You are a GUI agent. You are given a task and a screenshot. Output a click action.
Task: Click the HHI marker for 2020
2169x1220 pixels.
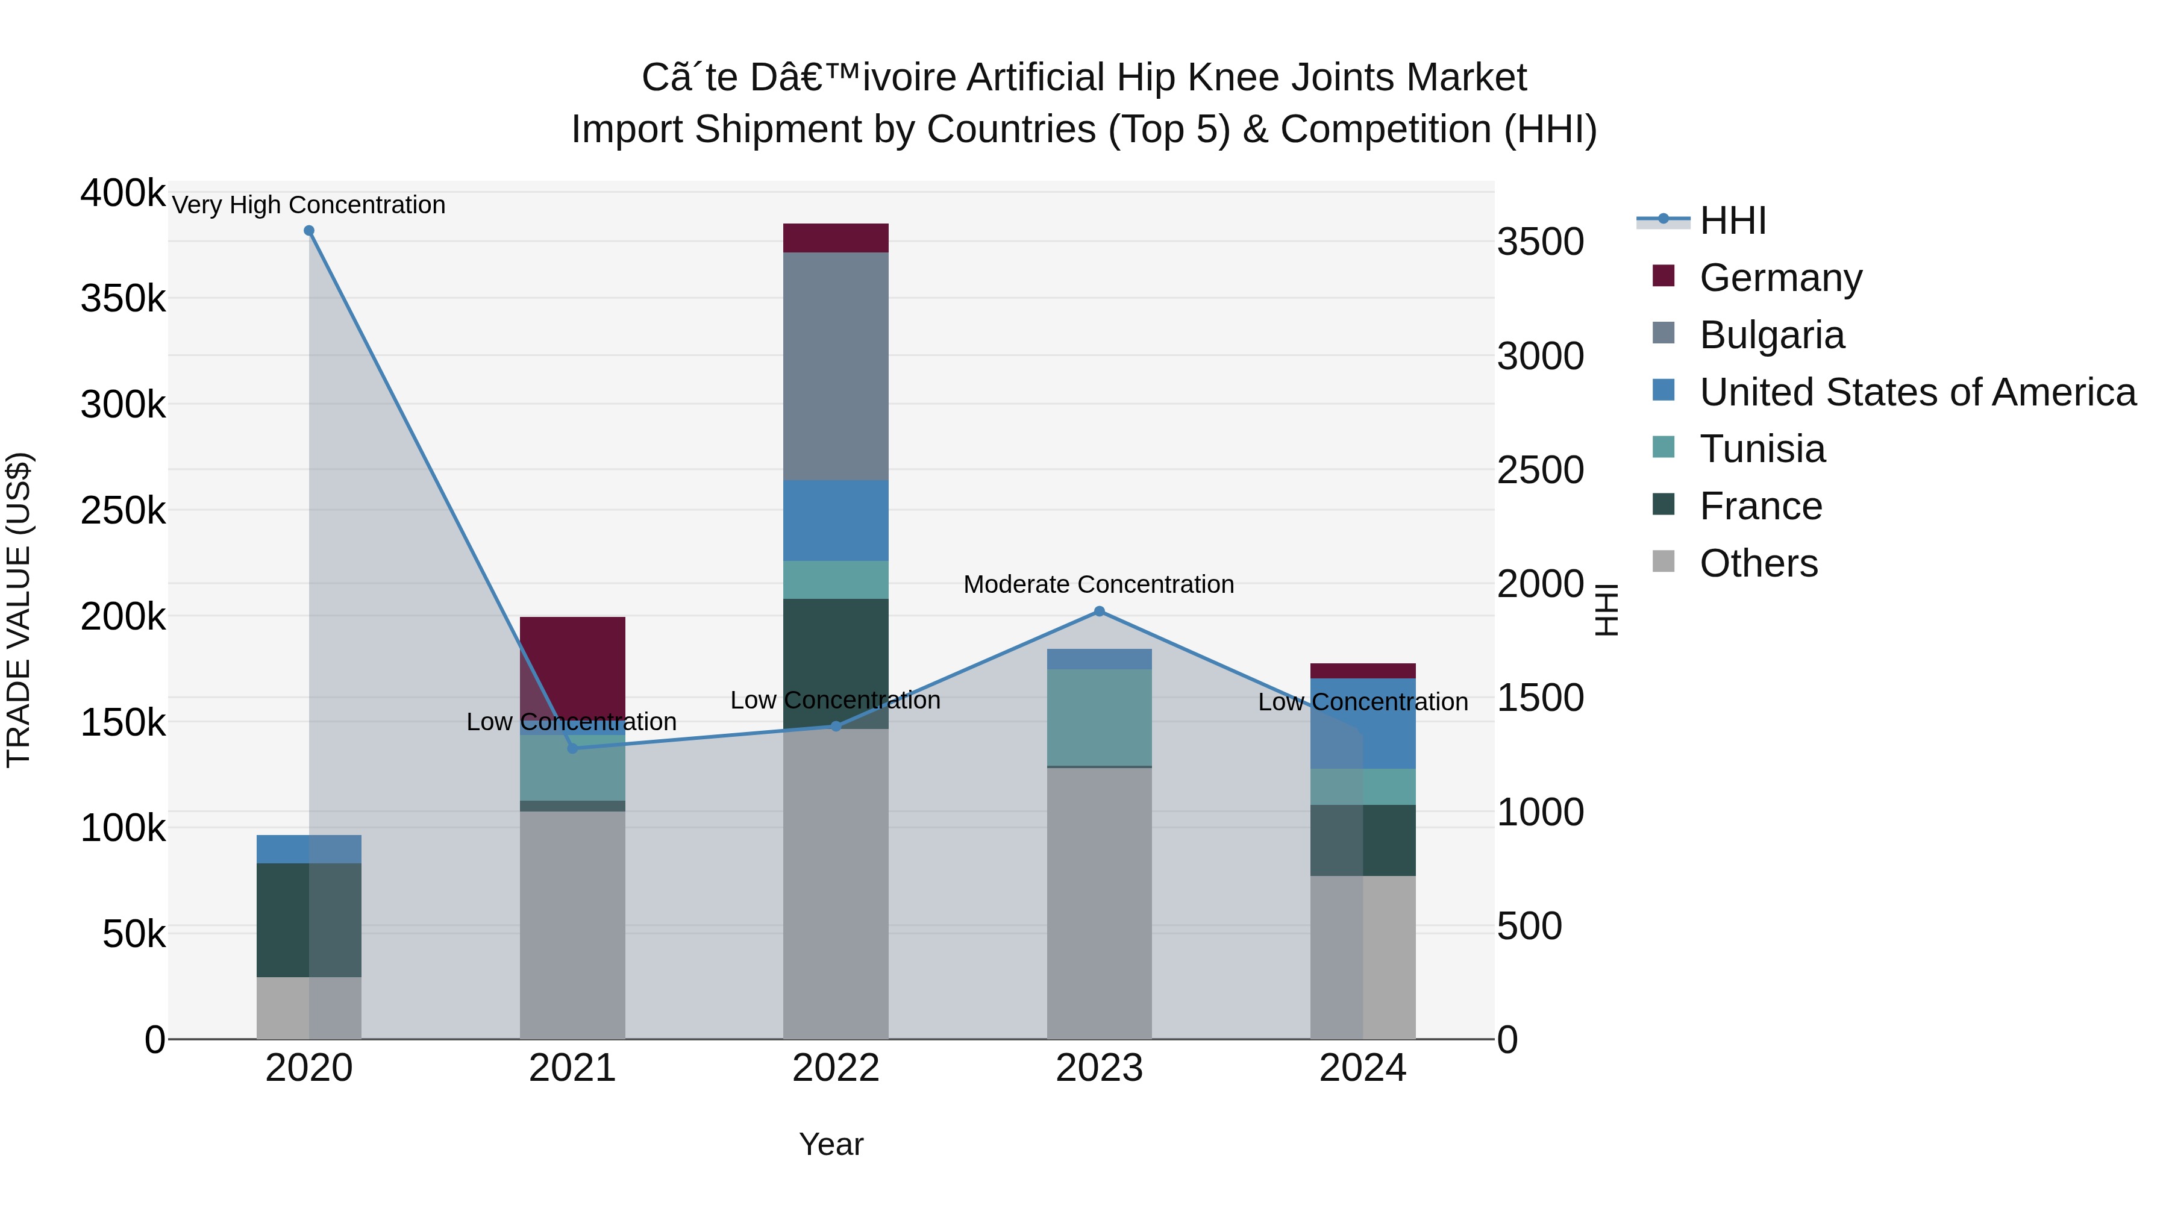point(309,231)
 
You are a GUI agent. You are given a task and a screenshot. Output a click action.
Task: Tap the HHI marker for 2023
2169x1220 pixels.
point(1099,612)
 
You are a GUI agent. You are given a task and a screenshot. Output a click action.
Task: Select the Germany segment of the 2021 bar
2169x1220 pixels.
point(572,665)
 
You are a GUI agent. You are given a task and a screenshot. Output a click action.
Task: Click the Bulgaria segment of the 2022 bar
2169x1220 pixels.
point(835,366)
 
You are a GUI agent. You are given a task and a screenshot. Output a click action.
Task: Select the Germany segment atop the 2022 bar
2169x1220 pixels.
point(835,237)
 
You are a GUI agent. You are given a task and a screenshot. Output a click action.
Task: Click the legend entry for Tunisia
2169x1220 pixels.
point(1762,449)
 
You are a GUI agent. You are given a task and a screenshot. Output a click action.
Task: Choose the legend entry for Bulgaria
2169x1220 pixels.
point(1771,335)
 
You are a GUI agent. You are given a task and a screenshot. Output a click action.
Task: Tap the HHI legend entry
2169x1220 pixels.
point(1732,221)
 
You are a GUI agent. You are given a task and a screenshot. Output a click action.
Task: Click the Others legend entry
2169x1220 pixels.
point(1758,563)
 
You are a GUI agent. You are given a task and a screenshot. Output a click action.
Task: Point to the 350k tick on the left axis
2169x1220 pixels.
point(123,299)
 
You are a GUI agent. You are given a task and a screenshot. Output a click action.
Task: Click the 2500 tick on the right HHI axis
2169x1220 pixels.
point(1540,470)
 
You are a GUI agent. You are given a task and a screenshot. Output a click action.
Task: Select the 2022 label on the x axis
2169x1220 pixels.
point(835,1068)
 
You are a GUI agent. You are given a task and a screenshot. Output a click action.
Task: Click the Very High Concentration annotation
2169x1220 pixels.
point(309,205)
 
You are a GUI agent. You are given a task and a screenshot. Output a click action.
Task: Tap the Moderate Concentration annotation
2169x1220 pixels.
point(1099,584)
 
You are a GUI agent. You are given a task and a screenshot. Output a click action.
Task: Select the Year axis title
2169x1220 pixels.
point(831,1144)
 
